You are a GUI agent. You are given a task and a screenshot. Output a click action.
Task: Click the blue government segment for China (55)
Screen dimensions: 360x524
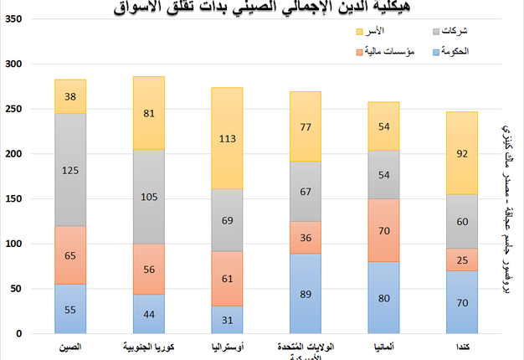coord(70,309)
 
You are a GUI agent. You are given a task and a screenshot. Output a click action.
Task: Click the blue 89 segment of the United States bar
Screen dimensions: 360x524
coord(306,294)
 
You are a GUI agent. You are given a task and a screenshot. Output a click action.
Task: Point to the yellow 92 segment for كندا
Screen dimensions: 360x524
coord(462,153)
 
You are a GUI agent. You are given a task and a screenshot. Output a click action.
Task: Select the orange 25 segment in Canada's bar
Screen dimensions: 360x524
coord(462,260)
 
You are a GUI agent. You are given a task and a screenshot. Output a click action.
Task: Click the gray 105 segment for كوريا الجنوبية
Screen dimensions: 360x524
coord(148,197)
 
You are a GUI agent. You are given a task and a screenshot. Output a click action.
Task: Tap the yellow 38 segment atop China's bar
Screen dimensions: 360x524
coord(70,96)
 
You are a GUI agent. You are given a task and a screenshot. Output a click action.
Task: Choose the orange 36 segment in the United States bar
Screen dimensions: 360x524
coord(306,237)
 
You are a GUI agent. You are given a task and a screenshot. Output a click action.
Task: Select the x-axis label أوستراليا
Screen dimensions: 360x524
coord(227,344)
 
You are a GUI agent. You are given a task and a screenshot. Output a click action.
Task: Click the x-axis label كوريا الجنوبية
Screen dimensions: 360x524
coord(148,344)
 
